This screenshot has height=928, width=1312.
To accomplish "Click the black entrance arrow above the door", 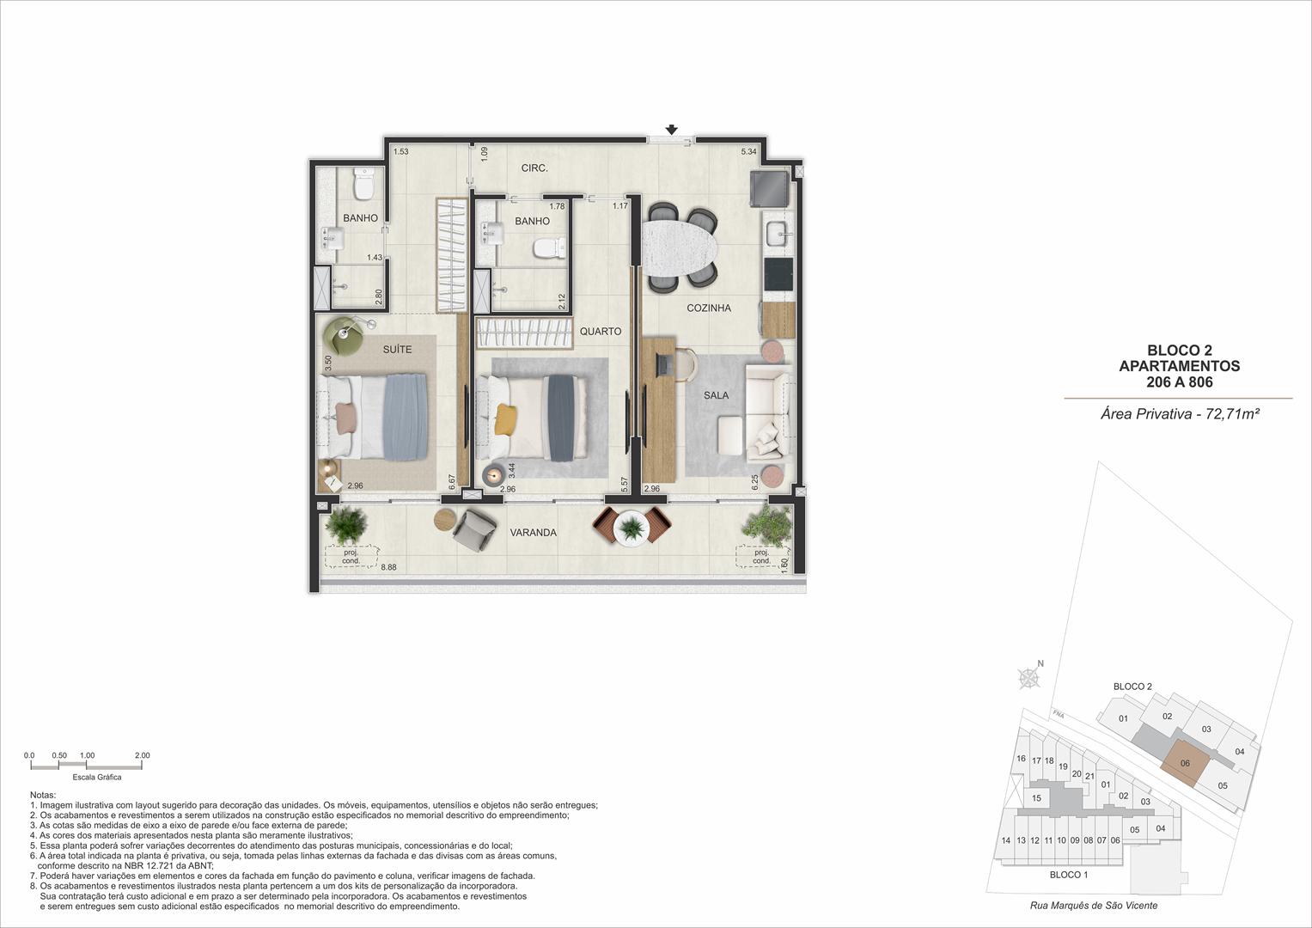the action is (672, 130).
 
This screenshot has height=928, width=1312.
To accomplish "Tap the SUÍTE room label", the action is (397, 349).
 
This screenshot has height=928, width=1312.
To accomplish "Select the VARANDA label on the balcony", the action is (533, 533).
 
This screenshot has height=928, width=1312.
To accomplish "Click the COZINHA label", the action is (709, 308).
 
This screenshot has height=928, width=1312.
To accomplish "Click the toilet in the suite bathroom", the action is (363, 183).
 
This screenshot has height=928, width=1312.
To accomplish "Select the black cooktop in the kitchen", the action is (779, 274).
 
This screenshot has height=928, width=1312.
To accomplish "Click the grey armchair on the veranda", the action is (473, 529).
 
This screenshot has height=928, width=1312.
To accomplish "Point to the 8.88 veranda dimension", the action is (388, 567).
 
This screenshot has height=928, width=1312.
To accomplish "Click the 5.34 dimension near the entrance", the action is (748, 151).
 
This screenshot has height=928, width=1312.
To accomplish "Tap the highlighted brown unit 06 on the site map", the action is (1185, 763).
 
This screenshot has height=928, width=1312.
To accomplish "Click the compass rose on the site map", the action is (1028, 679).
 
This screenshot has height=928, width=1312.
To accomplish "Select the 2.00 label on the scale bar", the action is (143, 755).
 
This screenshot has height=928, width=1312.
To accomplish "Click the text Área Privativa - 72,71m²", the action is (1181, 414).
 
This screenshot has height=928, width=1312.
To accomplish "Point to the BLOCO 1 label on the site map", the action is (1069, 875).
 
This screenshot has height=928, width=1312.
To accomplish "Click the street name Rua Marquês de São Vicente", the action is (1094, 905).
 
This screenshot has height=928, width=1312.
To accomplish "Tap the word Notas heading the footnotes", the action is (43, 795).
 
